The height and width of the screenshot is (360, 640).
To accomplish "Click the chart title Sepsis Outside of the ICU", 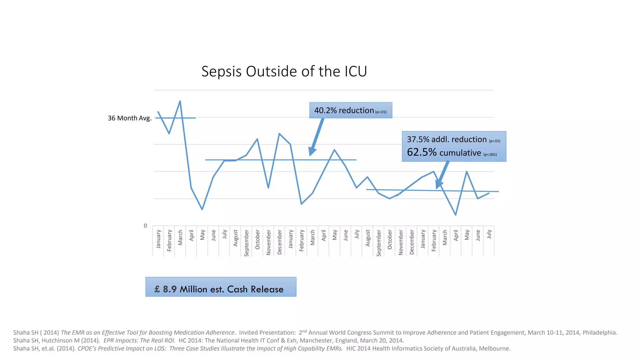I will [284, 71].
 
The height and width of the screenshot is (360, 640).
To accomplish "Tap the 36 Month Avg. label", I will [129, 118].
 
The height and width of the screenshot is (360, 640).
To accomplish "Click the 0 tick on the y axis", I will [145, 226].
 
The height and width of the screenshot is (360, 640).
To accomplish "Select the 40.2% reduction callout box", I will [350, 110].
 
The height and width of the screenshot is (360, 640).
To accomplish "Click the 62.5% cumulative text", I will [444, 152].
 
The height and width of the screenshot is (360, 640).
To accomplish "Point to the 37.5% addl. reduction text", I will [447, 139].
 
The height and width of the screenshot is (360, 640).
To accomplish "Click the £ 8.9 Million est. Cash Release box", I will [221, 287].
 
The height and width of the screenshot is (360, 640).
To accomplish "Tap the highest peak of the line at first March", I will [180, 101].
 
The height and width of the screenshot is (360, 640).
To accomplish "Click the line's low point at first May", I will [202, 209].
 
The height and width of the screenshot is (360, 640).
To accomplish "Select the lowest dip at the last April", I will [456, 215].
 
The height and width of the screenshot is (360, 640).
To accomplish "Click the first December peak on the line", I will [279, 134].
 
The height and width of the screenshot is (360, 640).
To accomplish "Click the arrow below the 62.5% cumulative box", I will [442, 175].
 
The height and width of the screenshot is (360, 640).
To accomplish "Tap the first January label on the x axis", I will [158, 239].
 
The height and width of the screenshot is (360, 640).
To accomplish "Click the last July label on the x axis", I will [489, 234].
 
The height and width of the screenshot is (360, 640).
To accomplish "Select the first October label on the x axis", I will [257, 240].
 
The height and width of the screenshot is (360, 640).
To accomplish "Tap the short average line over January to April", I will [175, 118].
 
